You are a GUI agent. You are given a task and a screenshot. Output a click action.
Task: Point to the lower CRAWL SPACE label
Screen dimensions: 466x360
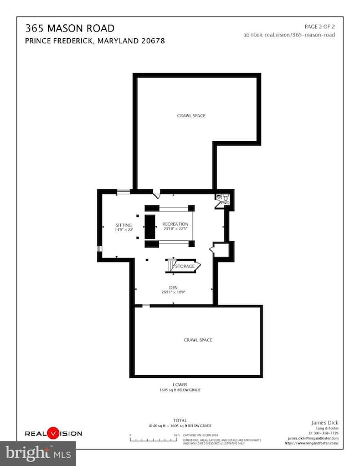coord(198,340)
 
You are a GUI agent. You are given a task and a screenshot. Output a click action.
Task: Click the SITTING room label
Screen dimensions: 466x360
coord(124,225)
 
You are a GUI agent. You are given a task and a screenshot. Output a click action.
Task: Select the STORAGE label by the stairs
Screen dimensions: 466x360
coord(186,266)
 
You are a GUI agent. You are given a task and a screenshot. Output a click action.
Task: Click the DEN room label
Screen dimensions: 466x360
coord(173,287)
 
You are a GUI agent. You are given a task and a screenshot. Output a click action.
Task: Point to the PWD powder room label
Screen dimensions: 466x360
coord(225,204)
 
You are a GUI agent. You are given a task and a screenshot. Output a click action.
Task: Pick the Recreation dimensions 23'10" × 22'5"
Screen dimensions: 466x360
coord(176,229)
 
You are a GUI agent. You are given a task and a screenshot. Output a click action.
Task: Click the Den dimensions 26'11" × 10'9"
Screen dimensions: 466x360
coord(173,292)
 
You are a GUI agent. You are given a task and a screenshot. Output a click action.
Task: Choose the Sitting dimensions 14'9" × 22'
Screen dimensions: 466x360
coord(124,229)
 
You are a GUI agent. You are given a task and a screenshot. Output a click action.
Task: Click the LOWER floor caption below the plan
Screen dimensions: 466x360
coord(179,385)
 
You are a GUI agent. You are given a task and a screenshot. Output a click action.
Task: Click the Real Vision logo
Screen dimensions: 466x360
coord(53,434)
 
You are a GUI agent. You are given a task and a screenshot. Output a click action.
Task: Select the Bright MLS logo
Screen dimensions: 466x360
coord(38,453)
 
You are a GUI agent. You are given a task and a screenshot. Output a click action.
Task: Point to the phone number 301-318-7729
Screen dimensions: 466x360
coord(323,432)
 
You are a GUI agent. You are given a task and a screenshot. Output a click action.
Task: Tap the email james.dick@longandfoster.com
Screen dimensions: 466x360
coord(313,437)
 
